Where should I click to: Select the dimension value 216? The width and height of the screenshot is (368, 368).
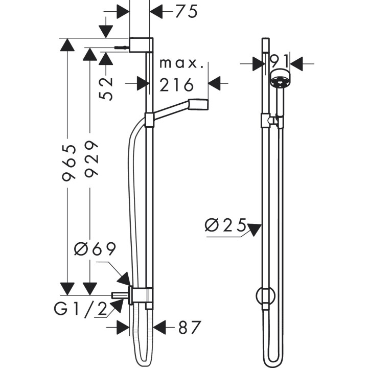click(176, 84)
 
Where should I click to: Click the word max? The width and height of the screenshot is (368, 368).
click(181, 64)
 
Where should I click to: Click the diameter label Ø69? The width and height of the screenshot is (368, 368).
click(95, 250)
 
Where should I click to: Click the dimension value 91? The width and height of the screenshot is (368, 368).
click(280, 62)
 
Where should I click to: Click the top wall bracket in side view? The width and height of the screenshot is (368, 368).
click(141, 45)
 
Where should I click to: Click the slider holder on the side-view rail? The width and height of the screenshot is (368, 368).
click(149, 120)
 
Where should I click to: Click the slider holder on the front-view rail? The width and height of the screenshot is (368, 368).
click(268, 121)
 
